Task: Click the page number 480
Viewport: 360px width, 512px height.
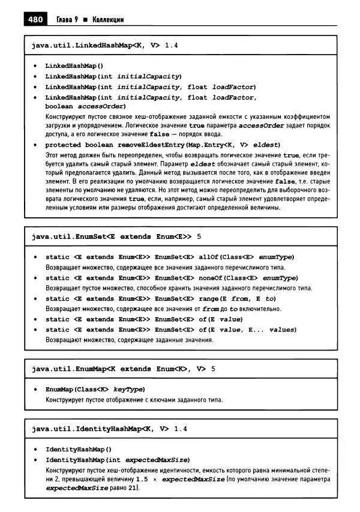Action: pos(35,19)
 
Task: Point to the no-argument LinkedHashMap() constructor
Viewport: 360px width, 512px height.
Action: pos(74,66)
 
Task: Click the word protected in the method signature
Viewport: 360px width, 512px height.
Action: pos(64,145)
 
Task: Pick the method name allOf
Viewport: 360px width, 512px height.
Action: pos(209,257)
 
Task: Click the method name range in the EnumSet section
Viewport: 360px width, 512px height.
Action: pos(209,298)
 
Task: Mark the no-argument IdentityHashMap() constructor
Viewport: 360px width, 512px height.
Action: pos(79,449)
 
